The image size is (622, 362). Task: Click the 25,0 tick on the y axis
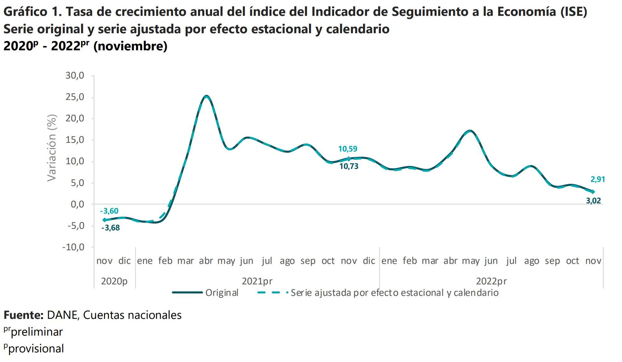tap(75, 97)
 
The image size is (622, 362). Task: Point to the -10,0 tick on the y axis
tap(73, 247)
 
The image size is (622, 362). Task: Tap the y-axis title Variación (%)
tap(52, 148)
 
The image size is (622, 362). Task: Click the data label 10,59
tap(348, 149)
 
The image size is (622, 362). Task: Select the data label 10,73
tap(349, 166)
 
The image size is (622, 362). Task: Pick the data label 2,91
tap(598, 179)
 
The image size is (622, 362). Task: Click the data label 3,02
tap(593, 201)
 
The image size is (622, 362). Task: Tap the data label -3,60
tap(109, 211)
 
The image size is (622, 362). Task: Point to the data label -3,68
tap(111, 228)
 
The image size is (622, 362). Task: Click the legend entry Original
tap(222, 293)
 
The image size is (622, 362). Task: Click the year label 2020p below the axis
tap(114, 281)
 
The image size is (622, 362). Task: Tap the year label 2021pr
tap(257, 281)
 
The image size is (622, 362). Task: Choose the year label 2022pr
tap(491, 281)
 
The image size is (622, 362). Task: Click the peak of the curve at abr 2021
tap(207, 96)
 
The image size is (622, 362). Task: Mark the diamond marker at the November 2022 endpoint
tap(593, 192)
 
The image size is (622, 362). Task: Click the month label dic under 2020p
tap(125, 261)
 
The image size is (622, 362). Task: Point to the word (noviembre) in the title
tap(130, 46)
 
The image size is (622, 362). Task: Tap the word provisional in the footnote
tap(37, 349)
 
